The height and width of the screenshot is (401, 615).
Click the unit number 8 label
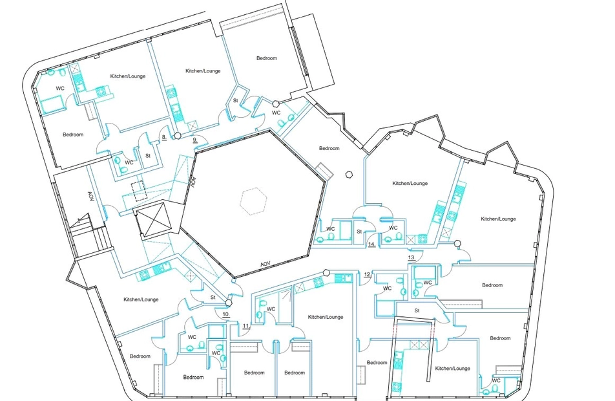(x=164, y=138)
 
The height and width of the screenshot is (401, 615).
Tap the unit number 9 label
(x=195, y=140)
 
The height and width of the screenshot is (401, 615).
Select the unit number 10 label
(x=226, y=314)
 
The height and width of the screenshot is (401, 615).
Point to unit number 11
(x=246, y=326)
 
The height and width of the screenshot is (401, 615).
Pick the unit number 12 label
(x=368, y=274)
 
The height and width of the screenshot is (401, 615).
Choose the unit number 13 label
(x=412, y=257)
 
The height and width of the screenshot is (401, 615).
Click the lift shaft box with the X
(x=156, y=219)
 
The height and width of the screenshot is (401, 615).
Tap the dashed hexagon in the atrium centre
(x=254, y=201)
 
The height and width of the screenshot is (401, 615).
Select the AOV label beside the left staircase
(x=90, y=197)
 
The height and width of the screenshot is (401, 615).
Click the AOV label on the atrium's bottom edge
(x=266, y=265)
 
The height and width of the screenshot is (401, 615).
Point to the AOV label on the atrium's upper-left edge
(x=193, y=182)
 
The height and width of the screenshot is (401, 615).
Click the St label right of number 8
(x=148, y=156)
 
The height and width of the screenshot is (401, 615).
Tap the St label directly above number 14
(x=359, y=232)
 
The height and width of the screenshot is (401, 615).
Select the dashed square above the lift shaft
(x=138, y=191)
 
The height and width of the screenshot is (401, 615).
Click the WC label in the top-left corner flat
(x=60, y=89)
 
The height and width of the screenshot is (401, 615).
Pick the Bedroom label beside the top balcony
(x=267, y=58)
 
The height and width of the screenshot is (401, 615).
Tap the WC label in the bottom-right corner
(x=496, y=380)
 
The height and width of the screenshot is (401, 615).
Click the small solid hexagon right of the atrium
(x=349, y=175)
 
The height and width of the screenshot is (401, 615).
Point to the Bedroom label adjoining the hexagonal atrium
(x=329, y=149)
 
